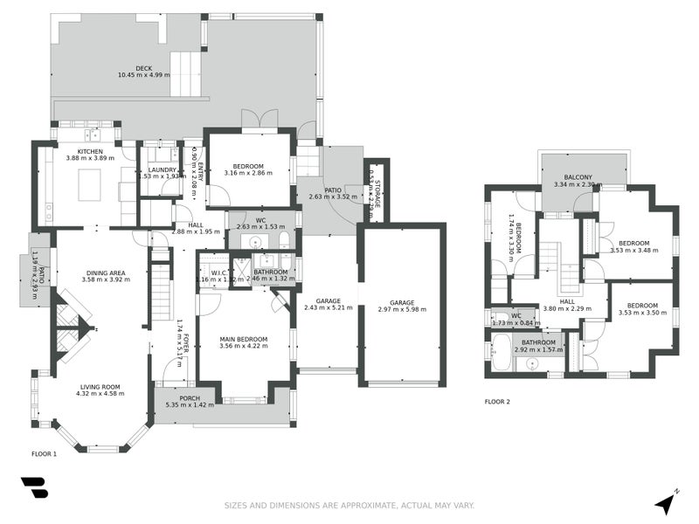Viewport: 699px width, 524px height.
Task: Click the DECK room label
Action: coord(143,67)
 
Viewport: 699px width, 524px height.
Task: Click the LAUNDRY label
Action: coord(163,169)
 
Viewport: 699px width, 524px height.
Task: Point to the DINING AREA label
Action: coord(103,272)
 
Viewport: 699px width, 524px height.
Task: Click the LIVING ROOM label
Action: coord(86,386)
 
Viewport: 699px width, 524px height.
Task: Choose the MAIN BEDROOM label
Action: coord(244,339)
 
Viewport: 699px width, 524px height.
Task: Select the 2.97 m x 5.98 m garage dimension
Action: coord(402,309)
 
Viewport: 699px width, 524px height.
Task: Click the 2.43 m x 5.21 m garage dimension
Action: coord(328,307)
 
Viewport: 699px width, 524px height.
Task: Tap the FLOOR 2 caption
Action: coord(497,403)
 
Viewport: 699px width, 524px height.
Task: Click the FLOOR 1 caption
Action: coord(44,454)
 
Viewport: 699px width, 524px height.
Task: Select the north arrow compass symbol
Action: coord(667,503)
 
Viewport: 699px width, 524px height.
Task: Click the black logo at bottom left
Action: coord(34,488)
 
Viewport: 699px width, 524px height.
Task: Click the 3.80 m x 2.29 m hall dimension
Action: coord(567,307)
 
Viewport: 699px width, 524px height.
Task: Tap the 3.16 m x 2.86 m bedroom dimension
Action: coord(248,173)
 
